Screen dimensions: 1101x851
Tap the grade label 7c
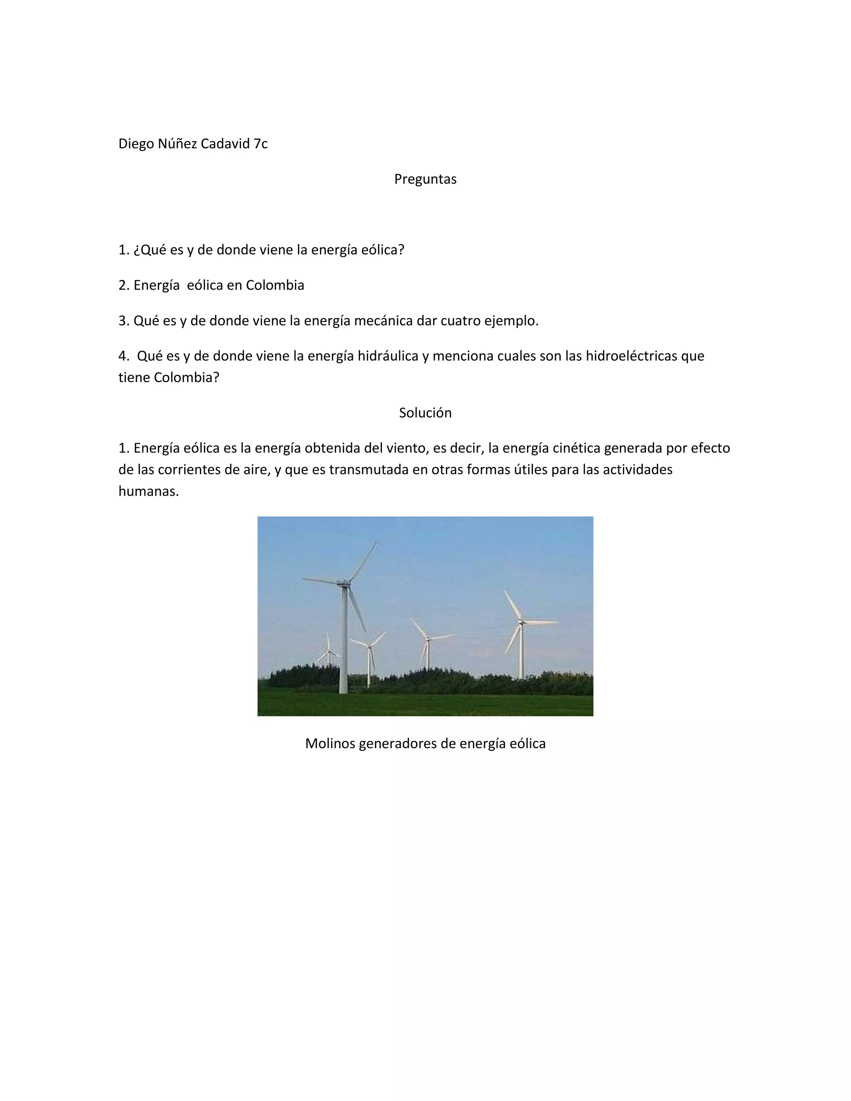pyautogui.click(x=261, y=144)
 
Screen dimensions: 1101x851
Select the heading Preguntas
pyautogui.click(x=425, y=179)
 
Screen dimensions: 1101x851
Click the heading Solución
pyautogui.click(x=425, y=413)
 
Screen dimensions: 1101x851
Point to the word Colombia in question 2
pyautogui.click(x=275, y=285)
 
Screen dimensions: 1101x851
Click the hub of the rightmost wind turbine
pyautogui.click(x=521, y=623)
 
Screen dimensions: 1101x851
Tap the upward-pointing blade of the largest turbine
pyautogui.click(x=364, y=560)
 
